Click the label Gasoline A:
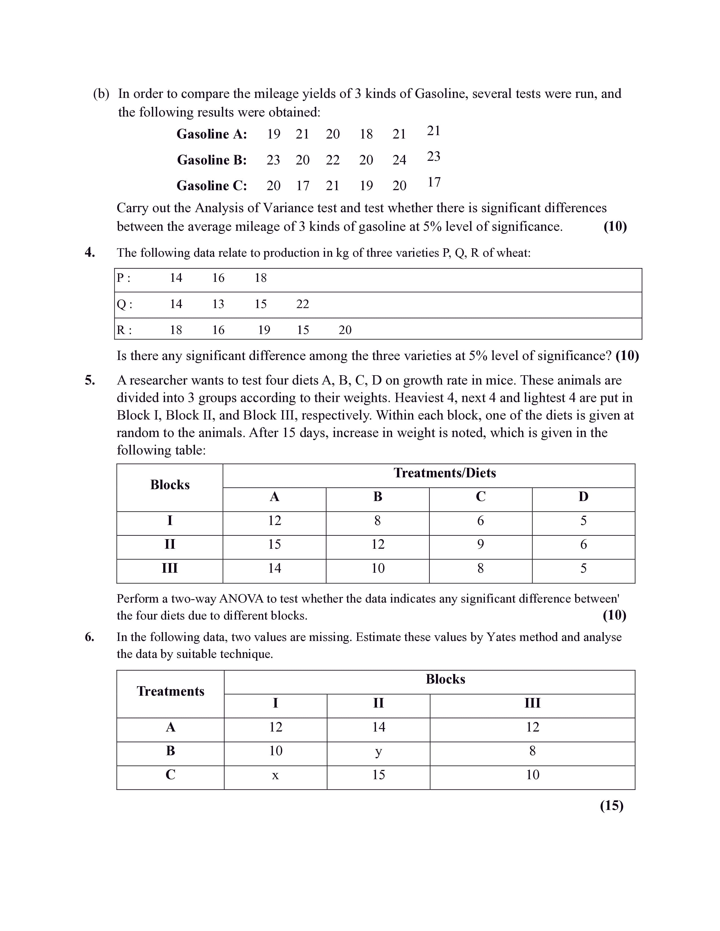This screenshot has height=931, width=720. coord(211,134)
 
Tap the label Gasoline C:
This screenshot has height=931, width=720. coord(211,186)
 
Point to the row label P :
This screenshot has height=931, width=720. coord(123,278)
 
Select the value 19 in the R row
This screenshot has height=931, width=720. coord(264,330)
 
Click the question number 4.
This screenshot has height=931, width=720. coord(90,252)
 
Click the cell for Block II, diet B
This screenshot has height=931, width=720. coord(378,544)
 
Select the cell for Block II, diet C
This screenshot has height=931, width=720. coord(480,544)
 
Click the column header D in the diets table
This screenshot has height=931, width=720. coord(583,497)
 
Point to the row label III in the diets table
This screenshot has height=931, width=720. coord(170,568)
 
